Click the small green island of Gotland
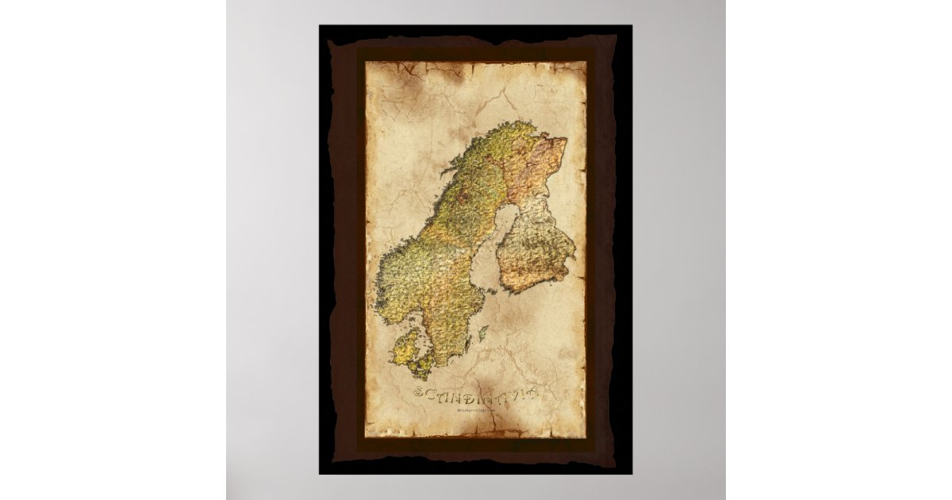482,334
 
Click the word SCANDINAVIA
476,394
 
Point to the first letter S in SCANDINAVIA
419,394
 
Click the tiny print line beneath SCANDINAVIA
474,410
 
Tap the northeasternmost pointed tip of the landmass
565,140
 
